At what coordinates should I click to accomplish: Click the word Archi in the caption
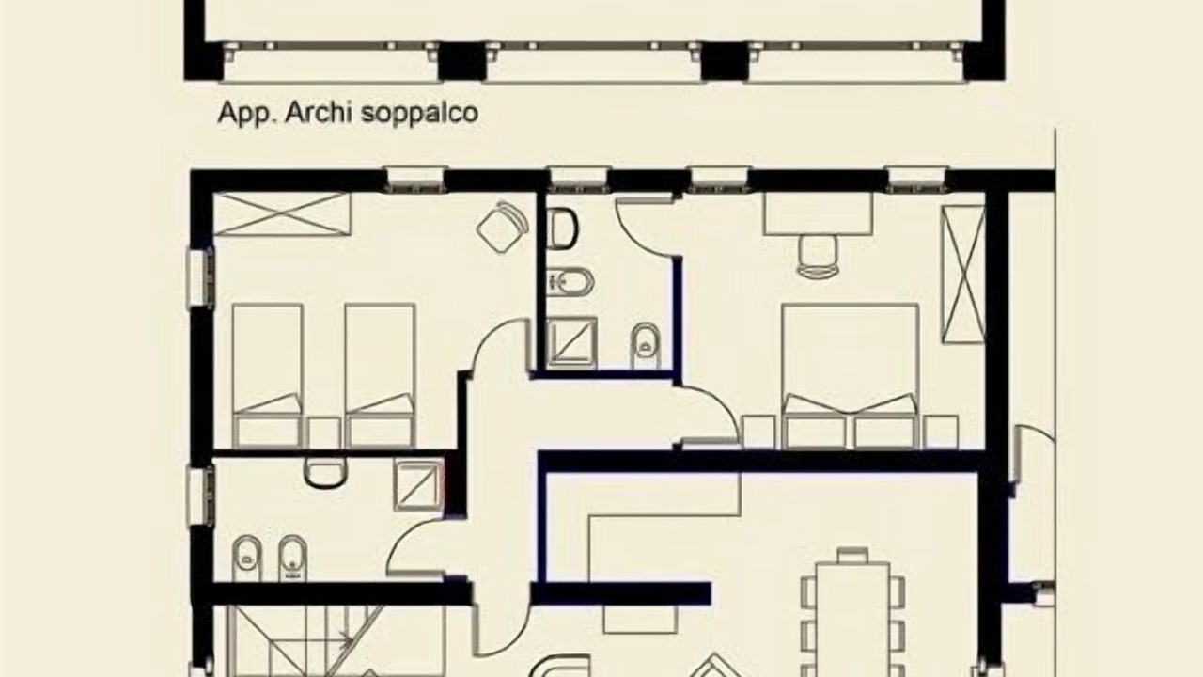319,113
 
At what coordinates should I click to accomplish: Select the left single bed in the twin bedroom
268,375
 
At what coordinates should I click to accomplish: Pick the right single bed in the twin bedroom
380,375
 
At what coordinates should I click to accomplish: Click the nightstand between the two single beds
324,433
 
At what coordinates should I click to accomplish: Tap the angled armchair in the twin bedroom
503,227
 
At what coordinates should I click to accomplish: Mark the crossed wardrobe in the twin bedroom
282,213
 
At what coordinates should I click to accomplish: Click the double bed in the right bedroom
851,375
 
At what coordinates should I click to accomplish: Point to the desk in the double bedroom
819,213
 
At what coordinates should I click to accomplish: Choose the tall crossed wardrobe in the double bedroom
963,275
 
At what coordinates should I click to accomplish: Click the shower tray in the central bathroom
572,342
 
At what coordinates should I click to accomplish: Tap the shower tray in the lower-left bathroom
418,483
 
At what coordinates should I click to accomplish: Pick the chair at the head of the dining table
852,554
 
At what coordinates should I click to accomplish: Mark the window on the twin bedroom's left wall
200,277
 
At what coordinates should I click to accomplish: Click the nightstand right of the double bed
941,432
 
